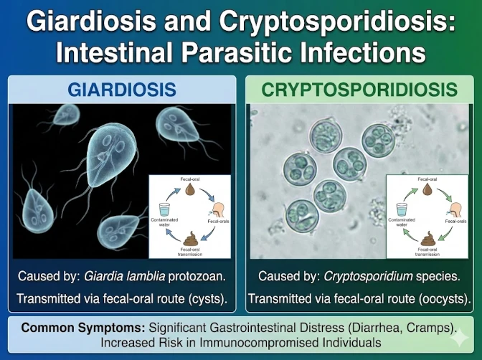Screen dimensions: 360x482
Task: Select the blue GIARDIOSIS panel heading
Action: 122,90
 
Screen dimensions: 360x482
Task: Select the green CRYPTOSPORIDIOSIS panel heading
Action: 359,90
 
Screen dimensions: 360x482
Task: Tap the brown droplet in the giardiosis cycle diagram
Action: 191,190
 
